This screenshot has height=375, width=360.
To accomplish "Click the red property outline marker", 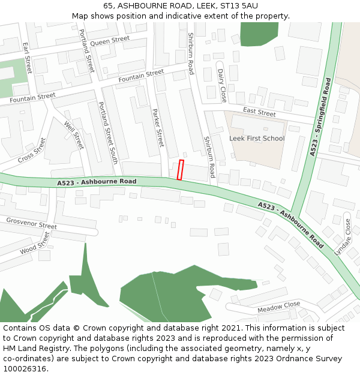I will click(x=180, y=170).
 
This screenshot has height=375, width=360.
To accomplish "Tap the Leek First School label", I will click(x=257, y=138).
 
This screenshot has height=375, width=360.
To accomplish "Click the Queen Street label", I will click(x=110, y=40).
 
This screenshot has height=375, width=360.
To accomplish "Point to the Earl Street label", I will click(x=26, y=58).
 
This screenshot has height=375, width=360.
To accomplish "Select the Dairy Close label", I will click(x=221, y=85).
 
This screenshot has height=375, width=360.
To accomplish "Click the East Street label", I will click(x=259, y=112).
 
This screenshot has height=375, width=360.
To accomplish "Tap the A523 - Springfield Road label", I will click(x=320, y=118).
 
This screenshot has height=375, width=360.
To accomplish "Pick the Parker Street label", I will click(x=158, y=128).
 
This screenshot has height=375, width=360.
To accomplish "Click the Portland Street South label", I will click(x=107, y=133).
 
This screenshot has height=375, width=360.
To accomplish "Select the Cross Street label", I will click(x=32, y=151).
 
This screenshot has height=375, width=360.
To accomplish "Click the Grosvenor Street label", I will click(x=31, y=223).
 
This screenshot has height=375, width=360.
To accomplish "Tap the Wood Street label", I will click(x=35, y=244).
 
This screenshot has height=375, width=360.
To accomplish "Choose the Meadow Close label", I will click(x=278, y=307).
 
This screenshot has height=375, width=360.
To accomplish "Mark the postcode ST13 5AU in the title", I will click(x=238, y=5).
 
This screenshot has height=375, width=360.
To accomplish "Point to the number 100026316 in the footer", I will click(x=25, y=369).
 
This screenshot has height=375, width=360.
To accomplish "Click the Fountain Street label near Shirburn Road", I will click(x=141, y=76).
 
